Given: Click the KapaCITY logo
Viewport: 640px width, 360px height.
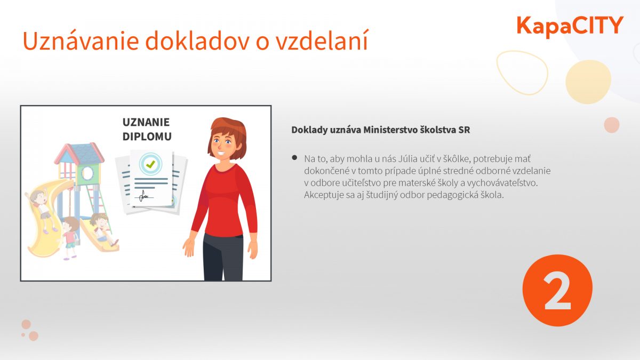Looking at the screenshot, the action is [570, 26].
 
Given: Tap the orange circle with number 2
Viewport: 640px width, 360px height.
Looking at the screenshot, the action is [557, 290].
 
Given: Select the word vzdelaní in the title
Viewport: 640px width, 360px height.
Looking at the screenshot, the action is [322, 41].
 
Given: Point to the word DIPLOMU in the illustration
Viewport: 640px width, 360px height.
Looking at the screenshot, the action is [147, 137].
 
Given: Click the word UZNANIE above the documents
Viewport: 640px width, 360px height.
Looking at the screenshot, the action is [146, 122].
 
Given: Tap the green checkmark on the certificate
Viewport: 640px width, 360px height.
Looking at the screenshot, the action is [150, 164].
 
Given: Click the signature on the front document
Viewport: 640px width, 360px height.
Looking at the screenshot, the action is [144, 196].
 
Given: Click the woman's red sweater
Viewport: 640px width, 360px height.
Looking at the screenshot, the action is [225, 200].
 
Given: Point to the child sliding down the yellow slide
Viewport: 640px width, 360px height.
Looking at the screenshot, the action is [42, 207].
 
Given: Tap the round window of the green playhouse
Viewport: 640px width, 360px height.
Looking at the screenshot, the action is [87, 173].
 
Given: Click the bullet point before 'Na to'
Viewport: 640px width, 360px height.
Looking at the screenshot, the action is [294, 158].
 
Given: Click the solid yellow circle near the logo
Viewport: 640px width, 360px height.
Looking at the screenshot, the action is [588, 82].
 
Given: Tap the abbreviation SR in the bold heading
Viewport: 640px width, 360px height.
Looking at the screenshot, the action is [464, 130].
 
